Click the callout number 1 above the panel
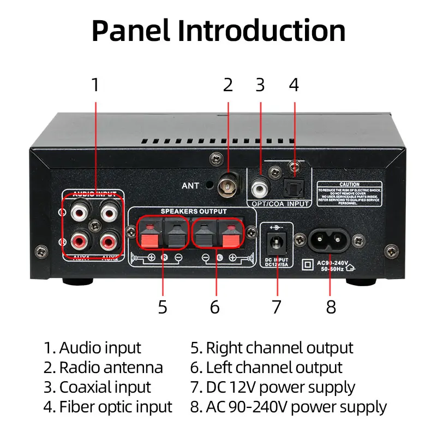tap(95, 85)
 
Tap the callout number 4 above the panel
tap(294, 85)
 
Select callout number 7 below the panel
tap(277, 306)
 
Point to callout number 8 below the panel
tap(331, 306)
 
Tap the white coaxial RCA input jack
tap(260, 189)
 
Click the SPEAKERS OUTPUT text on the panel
tap(193, 211)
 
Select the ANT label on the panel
tap(190, 186)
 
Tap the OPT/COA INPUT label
tap(280, 204)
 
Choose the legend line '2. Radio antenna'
tap(103, 368)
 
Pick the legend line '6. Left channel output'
tap(266, 368)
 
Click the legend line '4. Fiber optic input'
tap(108, 407)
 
